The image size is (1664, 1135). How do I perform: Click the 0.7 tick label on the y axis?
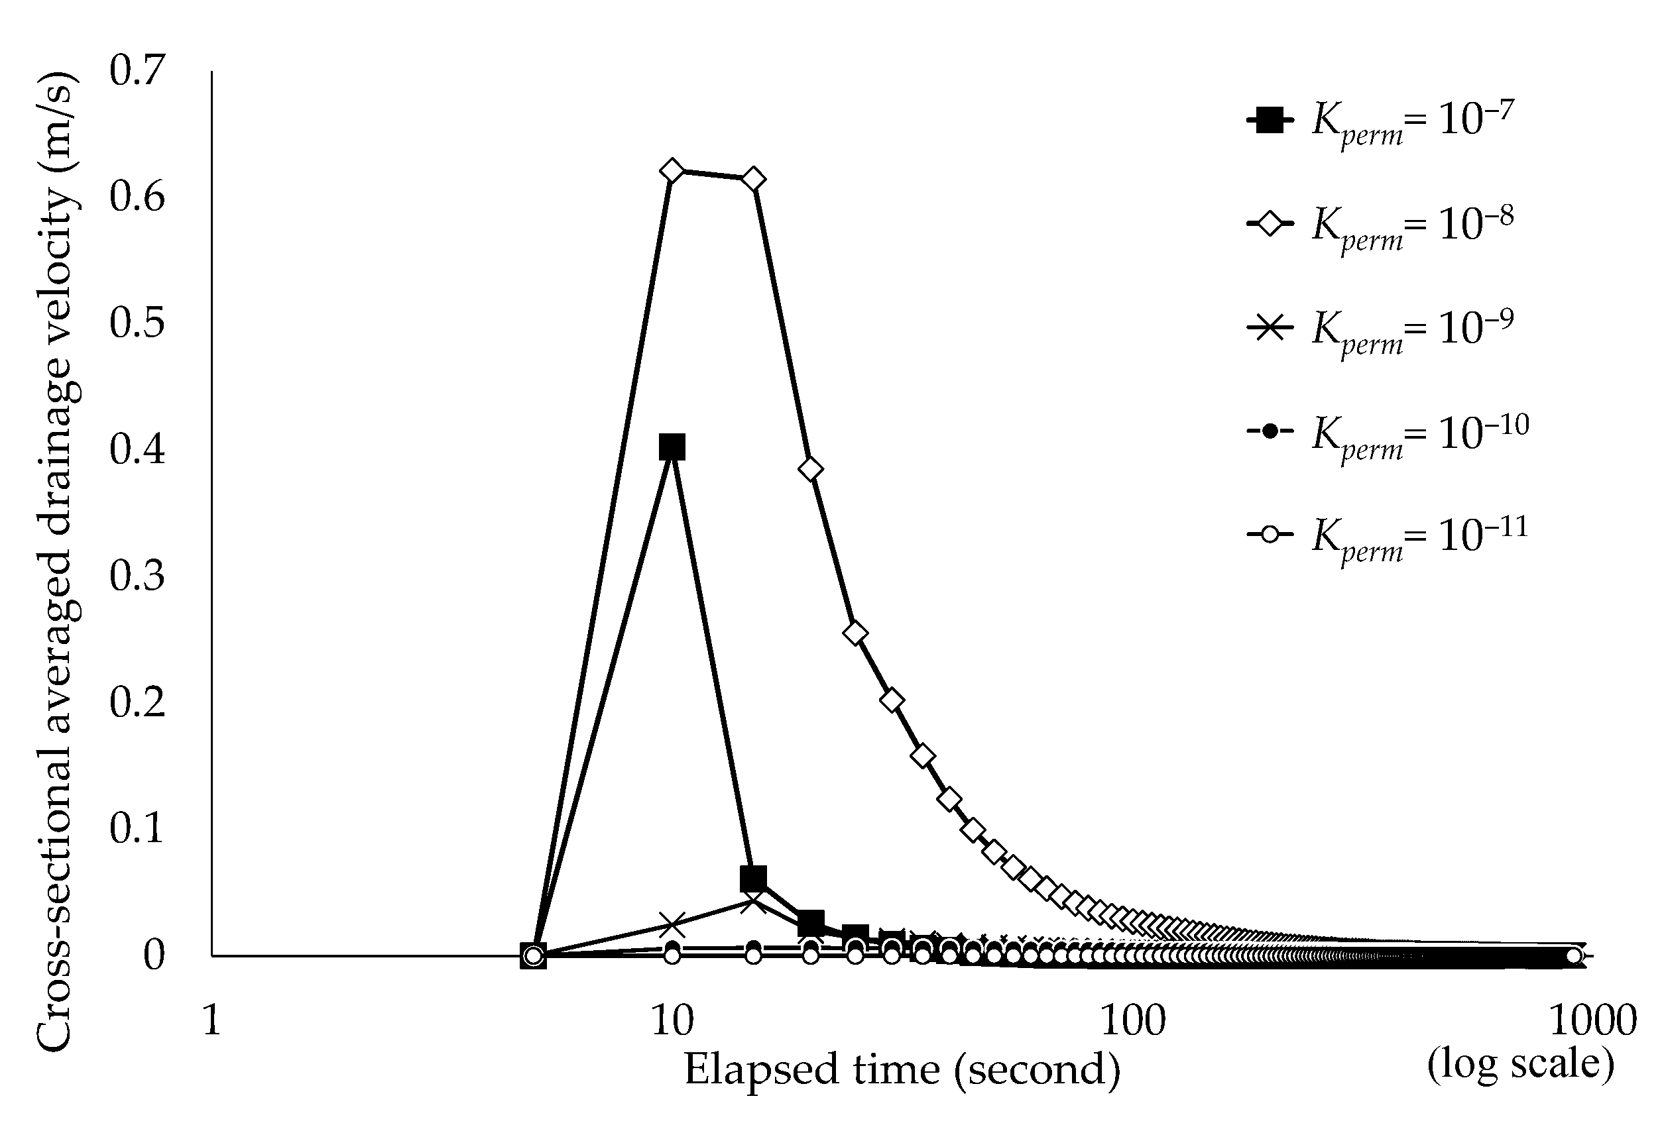click(137, 71)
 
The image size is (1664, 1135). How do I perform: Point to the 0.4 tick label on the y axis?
click(137, 449)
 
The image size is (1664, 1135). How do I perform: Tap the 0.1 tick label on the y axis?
click(137, 828)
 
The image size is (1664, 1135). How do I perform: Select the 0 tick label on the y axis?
click(154, 954)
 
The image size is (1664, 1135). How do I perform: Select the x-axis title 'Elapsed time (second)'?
click(902, 1070)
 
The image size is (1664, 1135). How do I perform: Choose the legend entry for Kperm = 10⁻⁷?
click(1386, 120)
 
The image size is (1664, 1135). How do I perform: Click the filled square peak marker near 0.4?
click(672, 447)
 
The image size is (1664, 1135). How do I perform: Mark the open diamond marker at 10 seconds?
click(672, 170)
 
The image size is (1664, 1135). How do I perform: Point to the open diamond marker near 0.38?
click(810, 468)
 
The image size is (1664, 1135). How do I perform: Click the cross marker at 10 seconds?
click(672, 924)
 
